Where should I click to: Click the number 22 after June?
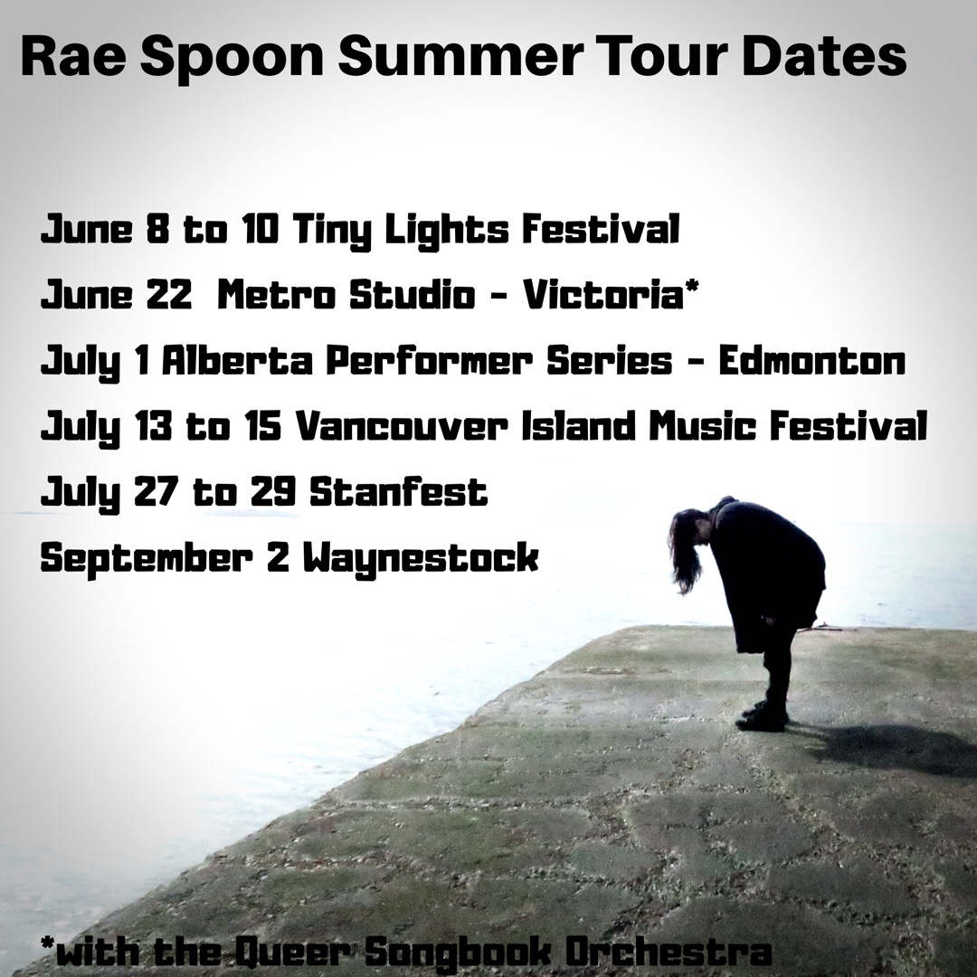pyautogui.click(x=169, y=294)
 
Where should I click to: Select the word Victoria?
pyautogui.click(x=601, y=294)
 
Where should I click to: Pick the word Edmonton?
pyautogui.click(x=811, y=361)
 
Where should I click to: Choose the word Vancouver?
pyautogui.click(x=403, y=426)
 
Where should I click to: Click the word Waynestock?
pyautogui.click(x=421, y=558)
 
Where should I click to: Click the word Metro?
pyautogui.click(x=277, y=294)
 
